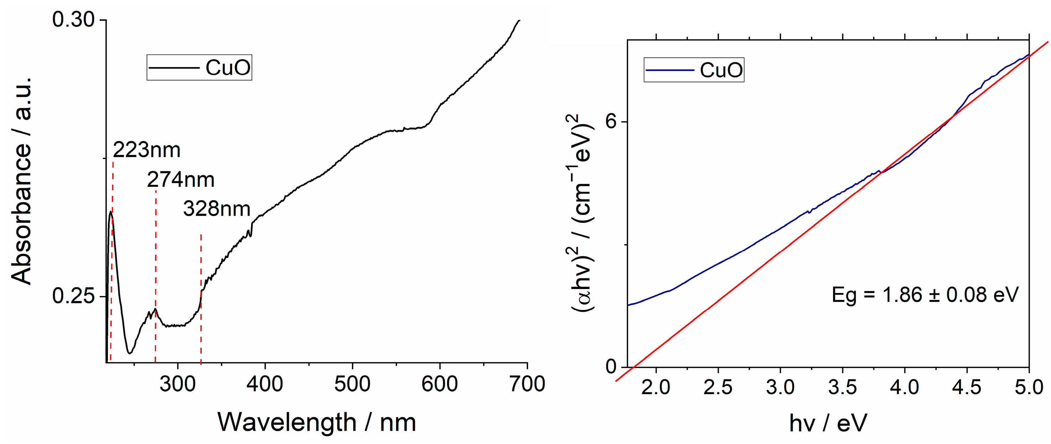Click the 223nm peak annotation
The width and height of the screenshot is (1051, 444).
(x=146, y=150)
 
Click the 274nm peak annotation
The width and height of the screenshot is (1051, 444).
(x=180, y=180)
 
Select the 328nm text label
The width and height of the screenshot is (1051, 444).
(x=216, y=209)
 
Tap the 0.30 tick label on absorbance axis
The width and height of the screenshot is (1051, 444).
(x=73, y=20)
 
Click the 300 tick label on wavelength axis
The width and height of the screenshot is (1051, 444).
(x=177, y=384)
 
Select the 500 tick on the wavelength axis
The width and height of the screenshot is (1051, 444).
(x=352, y=384)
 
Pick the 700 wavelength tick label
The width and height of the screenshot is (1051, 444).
(x=527, y=384)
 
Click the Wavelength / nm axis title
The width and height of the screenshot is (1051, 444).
(x=317, y=422)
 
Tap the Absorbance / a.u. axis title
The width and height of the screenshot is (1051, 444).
(x=21, y=181)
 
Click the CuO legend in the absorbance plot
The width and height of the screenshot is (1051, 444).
(x=199, y=67)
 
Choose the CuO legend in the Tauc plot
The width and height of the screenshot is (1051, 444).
(x=694, y=70)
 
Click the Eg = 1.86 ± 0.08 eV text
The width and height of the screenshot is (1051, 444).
(x=925, y=295)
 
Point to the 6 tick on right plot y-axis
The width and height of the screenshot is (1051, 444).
(x=611, y=122)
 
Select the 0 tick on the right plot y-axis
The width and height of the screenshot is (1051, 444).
(x=611, y=366)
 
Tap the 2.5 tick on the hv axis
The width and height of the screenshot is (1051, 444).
(x=718, y=387)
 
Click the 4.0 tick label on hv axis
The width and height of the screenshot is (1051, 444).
(x=905, y=387)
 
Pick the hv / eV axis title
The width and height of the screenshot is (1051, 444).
(x=828, y=423)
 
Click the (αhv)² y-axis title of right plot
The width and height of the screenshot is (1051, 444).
(x=582, y=213)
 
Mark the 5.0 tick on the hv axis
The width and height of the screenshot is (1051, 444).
(x=1029, y=387)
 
